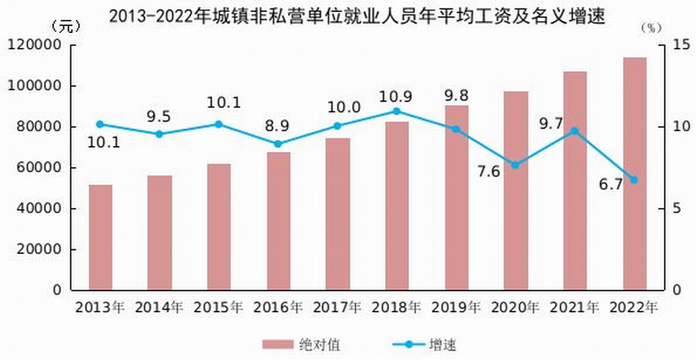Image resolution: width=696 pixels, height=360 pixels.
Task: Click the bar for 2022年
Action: pyautogui.click(x=634, y=174)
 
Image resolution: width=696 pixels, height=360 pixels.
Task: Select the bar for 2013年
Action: pyautogui.click(x=100, y=237)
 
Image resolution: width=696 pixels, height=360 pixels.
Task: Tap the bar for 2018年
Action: pyautogui.click(x=397, y=205)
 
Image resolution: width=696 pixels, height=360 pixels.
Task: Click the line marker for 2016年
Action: pyautogui.click(x=278, y=144)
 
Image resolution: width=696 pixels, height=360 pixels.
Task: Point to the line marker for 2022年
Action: pyautogui.click(x=634, y=180)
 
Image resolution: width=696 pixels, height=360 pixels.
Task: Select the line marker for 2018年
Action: pyautogui.click(x=397, y=111)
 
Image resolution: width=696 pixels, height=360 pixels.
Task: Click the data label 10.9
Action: pyautogui.click(x=397, y=94)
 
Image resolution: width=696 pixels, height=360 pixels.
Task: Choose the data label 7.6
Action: pyautogui.click(x=488, y=170)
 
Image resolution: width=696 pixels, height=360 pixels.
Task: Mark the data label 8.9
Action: pyautogui.click(x=278, y=127)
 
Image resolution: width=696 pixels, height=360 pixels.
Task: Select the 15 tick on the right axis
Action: pyautogui.click(x=678, y=45)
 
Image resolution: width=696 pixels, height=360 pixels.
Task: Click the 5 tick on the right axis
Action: pyautogui.click(x=674, y=208)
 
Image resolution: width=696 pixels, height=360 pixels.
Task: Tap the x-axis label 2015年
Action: pyautogui.click(x=219, y=307)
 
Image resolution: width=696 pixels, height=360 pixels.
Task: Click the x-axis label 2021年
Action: pyautogui.click(x=575, y=307)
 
